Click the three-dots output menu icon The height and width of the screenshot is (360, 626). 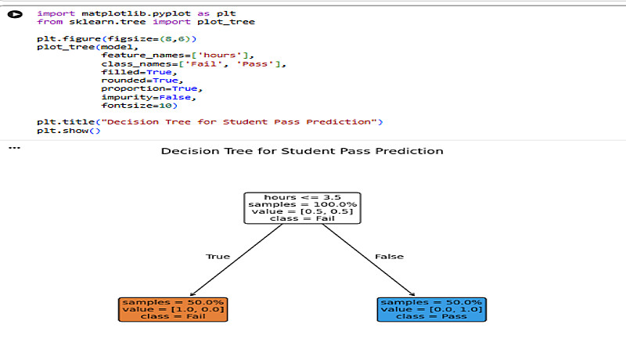point(13,147)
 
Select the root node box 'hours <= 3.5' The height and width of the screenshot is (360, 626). point(302,208)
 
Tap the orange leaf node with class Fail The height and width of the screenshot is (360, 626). point(173,309)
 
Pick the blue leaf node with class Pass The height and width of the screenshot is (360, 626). point(431,309)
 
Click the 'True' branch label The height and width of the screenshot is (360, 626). point(218,257)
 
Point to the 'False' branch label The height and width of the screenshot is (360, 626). point(389,257)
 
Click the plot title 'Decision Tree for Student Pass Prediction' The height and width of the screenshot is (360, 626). point(302,151)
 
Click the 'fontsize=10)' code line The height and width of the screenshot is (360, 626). point(134,106)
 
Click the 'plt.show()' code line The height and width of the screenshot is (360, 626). point(69,131)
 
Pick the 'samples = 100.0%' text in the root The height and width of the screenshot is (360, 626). point(302,204)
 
